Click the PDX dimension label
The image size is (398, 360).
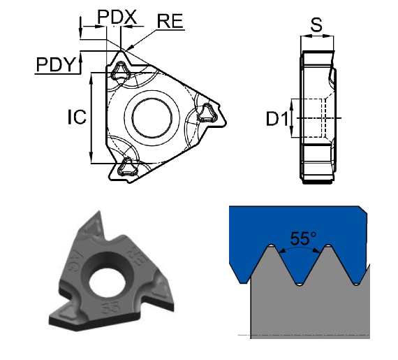[117, 15]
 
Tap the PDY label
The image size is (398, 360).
[57, 64]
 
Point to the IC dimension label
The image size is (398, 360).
[76, 117]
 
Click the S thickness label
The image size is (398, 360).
[316, 26]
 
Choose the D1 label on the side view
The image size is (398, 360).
[277, 120]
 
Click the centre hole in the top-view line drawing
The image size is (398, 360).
[151, 115]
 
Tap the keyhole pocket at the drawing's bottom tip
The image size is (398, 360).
[127, 165]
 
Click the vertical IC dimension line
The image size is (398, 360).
[92, 119]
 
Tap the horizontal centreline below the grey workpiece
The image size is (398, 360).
[307, 336]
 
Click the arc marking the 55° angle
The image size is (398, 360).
[299, 248]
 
